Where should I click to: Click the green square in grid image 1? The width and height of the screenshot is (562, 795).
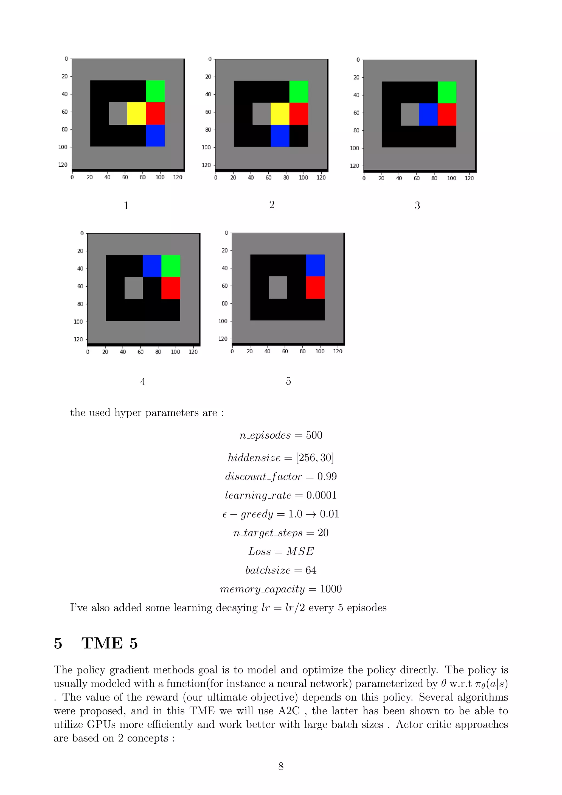tap(155, 91)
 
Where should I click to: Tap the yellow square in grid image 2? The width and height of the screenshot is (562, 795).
tap(280, 114)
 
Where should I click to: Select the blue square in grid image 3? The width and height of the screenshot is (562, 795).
tap(428, 114)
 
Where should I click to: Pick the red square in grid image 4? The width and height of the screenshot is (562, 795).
tap(171, 288)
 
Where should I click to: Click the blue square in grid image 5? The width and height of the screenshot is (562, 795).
tap(315, 265)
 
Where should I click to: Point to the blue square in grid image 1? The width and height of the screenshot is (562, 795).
tap(155, 135)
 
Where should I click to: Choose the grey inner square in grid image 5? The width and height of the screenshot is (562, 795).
tap(278, 287)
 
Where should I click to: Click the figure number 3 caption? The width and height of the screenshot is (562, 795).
tap(417, 206)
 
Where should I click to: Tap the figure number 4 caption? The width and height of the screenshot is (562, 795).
tap(143, 382)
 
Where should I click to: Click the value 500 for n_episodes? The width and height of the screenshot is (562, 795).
tap(314, 435)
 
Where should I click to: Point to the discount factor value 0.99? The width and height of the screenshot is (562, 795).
tap(327, 477)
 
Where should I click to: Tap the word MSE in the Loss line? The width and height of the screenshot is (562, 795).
tap(300, 551)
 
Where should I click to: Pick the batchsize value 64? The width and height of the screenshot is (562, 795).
tap(311, 570)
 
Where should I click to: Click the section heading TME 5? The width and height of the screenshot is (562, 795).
tap(109, 643)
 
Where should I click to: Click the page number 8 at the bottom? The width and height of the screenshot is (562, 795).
tap(281, 766)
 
